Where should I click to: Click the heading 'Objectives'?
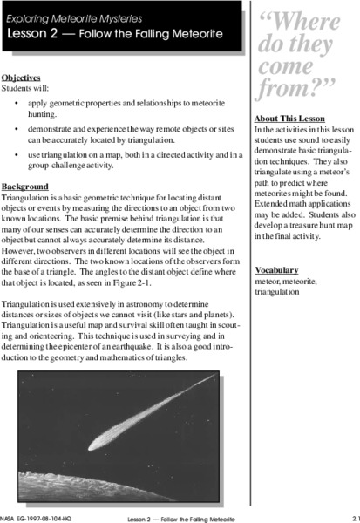22,77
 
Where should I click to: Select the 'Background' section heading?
24,187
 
